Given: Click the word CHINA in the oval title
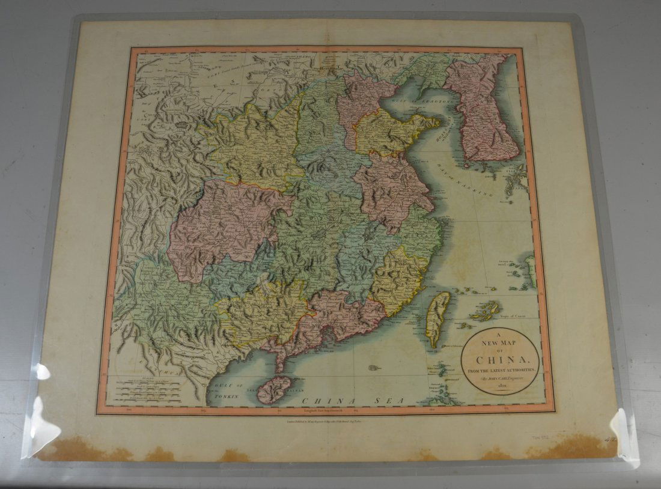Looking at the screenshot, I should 499,360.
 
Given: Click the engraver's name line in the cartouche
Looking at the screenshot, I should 500,378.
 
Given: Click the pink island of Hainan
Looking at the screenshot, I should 274,389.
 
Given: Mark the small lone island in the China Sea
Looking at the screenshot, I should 375,367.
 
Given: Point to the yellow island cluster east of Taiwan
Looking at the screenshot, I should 486,310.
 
